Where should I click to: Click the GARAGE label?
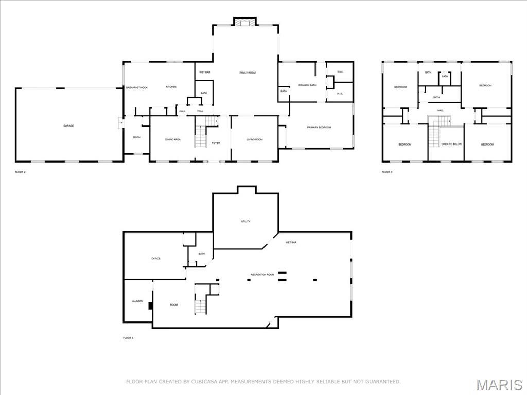pyautogui.click(x=68, y=125)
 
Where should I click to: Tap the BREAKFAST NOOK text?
pyautogui.click(x=137, y=88)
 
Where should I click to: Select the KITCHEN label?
pyautogui.click(x=171, y=87)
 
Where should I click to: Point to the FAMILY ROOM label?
pyautogui.click(x=248, y=73)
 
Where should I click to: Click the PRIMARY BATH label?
pyautogui.click(x=307, y=85)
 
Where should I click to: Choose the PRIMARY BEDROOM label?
pyautogui.click(x=319, y=127)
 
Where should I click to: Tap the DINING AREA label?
pyautogui.click(x=172, y=139)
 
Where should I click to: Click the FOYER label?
pyautogui.click(x=216, y=143)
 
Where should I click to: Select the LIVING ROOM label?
pyautogui.click(x=254, y=139)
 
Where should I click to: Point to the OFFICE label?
pyautogui.click(x=156, y=258)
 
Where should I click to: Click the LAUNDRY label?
pyautogui.click(x=137, y=301)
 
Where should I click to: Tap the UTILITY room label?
pyautogui.click(x=246, y=221)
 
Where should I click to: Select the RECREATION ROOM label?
pyautogui.click(x=262, y=275)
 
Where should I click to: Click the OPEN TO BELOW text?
pyautogui.click(x=451, y=144)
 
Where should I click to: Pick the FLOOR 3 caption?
pyautogui.click(x=387, y=172)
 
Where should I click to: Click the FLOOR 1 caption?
pyautogui.click(x=128, y=338)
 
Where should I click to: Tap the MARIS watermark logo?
pyautogui.click(x=499, y=385)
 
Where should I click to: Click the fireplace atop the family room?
pyautogui.click(x=244, y=22)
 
